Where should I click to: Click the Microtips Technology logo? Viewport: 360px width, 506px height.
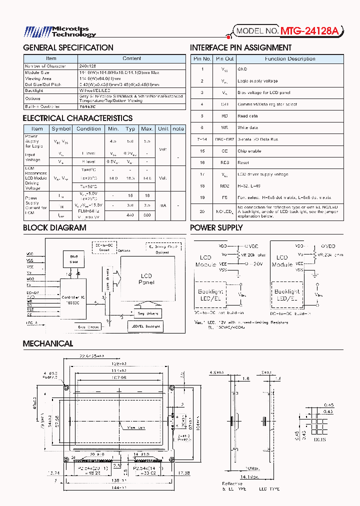[x=60, y=32]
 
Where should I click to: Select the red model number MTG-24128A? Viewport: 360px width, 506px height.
[x=309, y=31]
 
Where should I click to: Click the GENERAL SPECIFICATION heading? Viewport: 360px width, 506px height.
[x=68, y=48]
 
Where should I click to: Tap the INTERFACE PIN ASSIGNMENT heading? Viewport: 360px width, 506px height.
[x=240, y=48]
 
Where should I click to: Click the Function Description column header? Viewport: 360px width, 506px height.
[x=289, y=58]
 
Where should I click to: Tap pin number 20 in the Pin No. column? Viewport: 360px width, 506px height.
[x=202, y=211]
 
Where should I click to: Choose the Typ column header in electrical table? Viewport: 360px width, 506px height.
[x=130, y=128]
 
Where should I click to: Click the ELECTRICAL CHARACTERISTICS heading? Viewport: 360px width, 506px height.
[x=77, y=118]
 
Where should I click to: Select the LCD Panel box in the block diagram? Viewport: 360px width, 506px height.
[x=146, y=279]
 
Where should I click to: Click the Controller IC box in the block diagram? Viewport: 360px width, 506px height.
[x=73, y=300]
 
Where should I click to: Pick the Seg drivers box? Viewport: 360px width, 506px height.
[x=147, y=313]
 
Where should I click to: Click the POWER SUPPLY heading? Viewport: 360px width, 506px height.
[x=216, y=228]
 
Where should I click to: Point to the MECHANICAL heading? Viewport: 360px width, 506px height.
[x=48, y=344]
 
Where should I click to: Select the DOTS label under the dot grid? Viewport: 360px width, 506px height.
[x=320, y=439]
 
